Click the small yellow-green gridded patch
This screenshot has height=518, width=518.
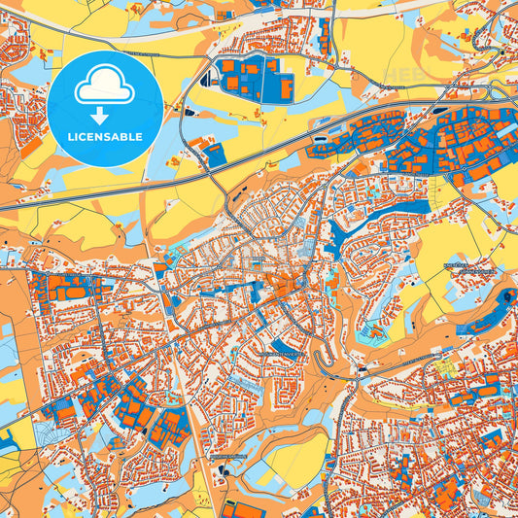click(x=446, y=367)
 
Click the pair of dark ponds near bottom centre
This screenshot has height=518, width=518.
click(x=222, y=472)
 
